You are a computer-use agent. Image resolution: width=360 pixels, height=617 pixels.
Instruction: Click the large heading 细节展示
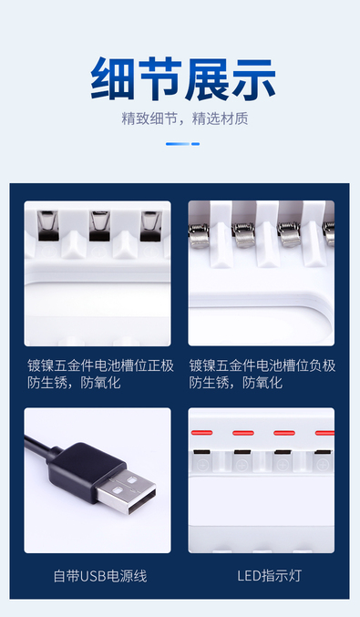pyautogui.click(x=183, y=78)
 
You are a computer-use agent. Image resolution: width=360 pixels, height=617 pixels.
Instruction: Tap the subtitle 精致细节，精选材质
pyautogui.click(x=184, y=118)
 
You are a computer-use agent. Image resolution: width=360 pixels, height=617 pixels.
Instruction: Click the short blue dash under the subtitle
pyautogui.click(x=195, y=144)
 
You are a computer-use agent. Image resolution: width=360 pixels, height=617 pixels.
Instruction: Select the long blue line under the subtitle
pyautogui.click(x=178, y=144)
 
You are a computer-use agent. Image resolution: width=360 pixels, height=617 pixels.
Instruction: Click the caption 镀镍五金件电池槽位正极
pyautogui.click(x=100, y=366)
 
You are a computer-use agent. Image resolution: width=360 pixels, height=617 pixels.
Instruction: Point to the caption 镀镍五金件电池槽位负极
pyautogui.click(x=262, y=366)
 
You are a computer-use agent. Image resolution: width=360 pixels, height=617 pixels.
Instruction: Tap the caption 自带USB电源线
pyautogui.click(x=100, y=576)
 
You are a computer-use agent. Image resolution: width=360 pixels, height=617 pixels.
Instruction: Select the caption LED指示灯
pyautogui.click(x=269, y=576)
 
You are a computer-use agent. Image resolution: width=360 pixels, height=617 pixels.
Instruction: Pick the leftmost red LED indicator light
pyautogui.click(x=201, y=433)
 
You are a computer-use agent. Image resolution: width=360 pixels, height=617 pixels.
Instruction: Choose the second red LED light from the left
pyautogui.click(x=243, y=433)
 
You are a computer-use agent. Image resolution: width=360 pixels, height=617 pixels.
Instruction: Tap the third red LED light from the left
pyautogui.click(x=284, y=433)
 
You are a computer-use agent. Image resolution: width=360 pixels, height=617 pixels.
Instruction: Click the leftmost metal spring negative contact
pyautogui.click(x=198, y=234)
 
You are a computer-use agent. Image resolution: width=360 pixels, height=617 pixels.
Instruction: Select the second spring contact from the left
pyautogui.click(x=242, y=235)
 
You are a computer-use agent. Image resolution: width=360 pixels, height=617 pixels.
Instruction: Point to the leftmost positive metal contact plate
pyautogui.click(x=48, y=225)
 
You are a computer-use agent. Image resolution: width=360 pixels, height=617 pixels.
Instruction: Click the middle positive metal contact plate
pyautogui.click(x=99, y=226)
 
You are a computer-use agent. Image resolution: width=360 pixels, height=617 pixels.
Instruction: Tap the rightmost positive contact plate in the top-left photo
pyautogui.click(x=151, y=226)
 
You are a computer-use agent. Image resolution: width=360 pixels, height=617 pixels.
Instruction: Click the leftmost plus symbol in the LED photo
pyautogui.click(x=202, y=464)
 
